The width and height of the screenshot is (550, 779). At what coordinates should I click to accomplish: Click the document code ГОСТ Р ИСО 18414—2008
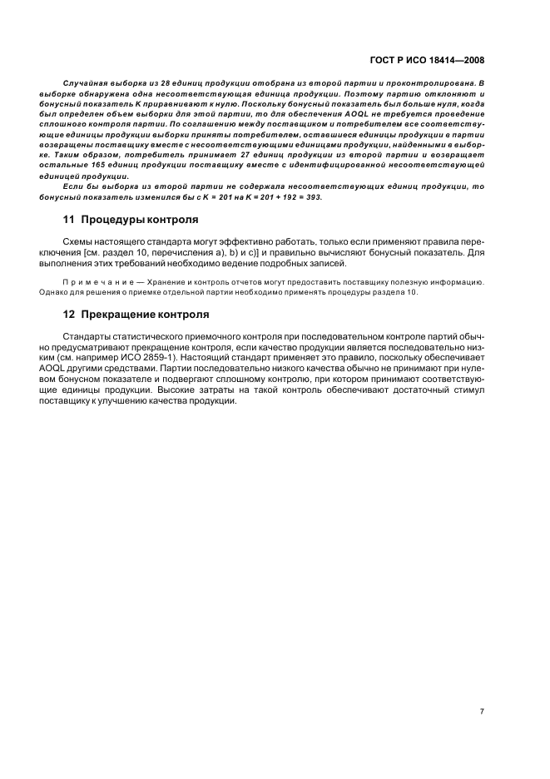coord(427,61)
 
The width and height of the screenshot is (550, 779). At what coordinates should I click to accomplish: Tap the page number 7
coord(482,712)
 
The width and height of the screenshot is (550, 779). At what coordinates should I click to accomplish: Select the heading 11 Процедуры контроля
coord(131,220)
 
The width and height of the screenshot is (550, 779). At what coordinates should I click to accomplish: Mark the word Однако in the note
coord(77,292)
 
